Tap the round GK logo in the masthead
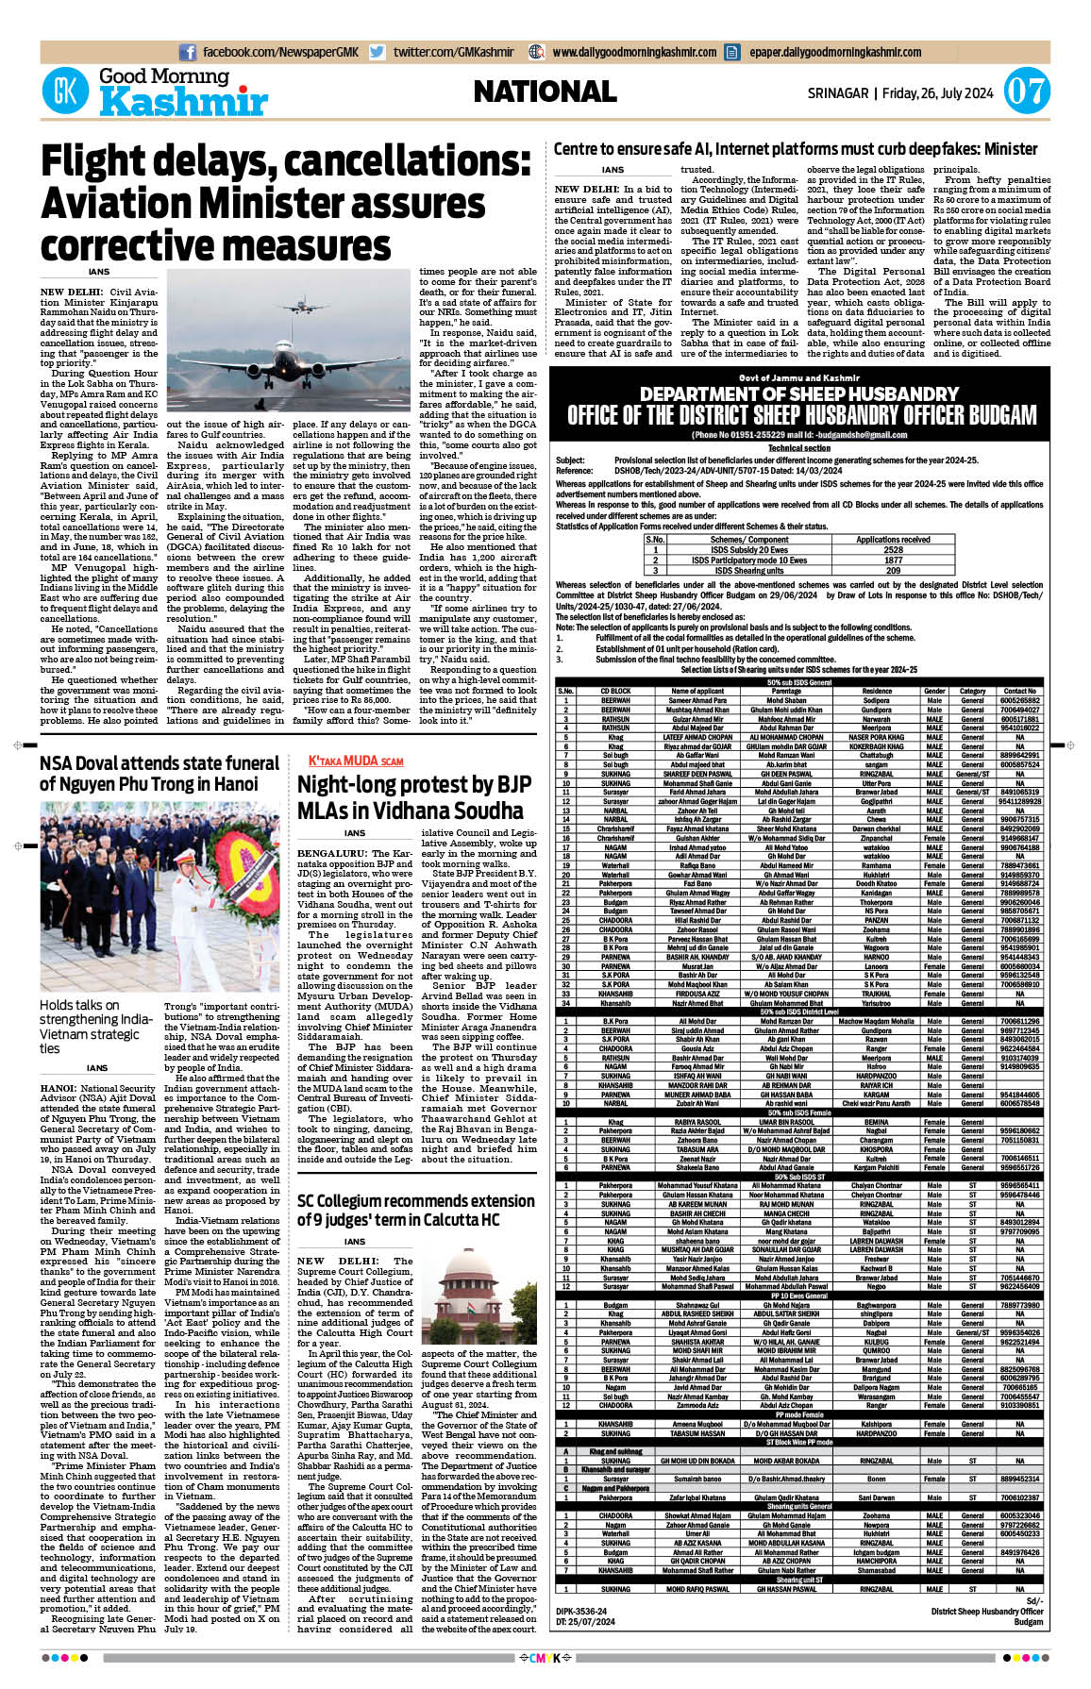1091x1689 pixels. point(65,92)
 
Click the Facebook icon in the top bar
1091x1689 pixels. point(188,52)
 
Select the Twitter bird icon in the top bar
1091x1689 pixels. point(378,52)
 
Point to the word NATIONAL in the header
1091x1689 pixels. point(545,92)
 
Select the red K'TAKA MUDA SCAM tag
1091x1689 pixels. point(356,761)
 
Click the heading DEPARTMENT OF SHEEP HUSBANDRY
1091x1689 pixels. point(799,394)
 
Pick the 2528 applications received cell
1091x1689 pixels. point(893,549)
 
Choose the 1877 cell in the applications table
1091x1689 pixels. point(893,560)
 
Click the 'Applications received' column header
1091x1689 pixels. point(893,539)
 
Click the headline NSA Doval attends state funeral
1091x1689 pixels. point(159,773)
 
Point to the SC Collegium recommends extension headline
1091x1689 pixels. point(415,1210)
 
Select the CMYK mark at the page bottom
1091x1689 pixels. point(545,1657)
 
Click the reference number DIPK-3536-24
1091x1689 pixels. point(581,1612)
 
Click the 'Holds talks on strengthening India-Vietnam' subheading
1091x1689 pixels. point(95,1027)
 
